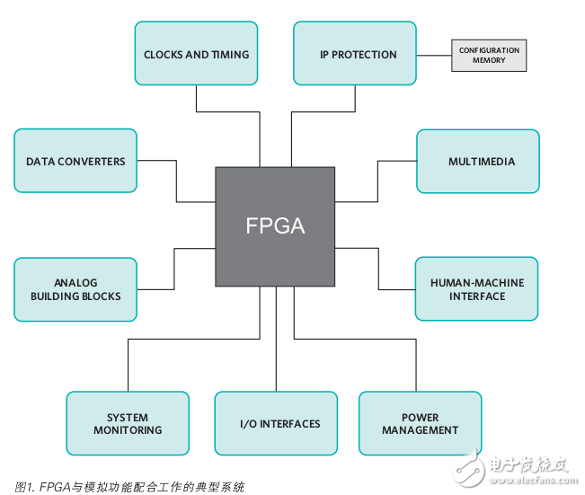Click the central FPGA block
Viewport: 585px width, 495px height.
(275, 226)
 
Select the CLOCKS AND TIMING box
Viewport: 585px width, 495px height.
(196, 54)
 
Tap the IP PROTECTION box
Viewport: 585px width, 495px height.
(355, 54)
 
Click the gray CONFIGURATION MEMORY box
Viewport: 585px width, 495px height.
(489, 55)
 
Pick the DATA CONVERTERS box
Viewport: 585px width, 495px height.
(75, 161)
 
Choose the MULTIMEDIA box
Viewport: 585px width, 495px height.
(477, 161)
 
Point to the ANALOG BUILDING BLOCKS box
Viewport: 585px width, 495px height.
(75, 289)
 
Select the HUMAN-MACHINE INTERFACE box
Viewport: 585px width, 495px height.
(476, 288)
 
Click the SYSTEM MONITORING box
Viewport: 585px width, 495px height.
(128, 423)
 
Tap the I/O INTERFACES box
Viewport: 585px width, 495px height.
(277, 423)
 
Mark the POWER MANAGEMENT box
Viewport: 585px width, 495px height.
(420, 423)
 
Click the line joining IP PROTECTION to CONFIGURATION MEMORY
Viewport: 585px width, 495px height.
(433, 55)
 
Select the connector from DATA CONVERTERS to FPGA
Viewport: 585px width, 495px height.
(176, 180)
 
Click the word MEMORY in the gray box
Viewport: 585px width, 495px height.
(489, 61)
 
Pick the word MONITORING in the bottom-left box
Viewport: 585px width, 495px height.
(128, 430)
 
